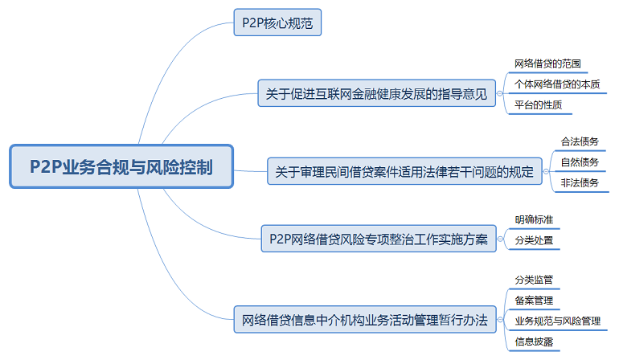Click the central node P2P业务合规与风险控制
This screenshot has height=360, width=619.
(121, 167)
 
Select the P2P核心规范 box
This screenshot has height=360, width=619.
(277, 22)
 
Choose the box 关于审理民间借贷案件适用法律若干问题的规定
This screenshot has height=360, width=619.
(404, 171)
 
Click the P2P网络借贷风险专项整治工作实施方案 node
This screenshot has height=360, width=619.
(379, 239)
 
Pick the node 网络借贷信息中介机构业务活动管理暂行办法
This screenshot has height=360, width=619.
(364, 320)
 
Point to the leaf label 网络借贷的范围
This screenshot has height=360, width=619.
(547, 63)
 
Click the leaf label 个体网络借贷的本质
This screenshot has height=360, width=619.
(556, 84)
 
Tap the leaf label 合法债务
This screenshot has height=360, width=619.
(579, 141)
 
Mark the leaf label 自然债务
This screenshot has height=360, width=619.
(579, 162)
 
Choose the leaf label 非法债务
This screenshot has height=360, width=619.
(579, 183)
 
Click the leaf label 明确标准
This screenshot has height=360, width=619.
(534, 219)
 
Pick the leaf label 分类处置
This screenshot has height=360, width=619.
(534, 239)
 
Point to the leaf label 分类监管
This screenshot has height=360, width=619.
(534, 279)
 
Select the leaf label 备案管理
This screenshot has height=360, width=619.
(534, 300)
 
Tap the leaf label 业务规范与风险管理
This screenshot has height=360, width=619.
(557, 321)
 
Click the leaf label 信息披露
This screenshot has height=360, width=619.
(534, 342)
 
